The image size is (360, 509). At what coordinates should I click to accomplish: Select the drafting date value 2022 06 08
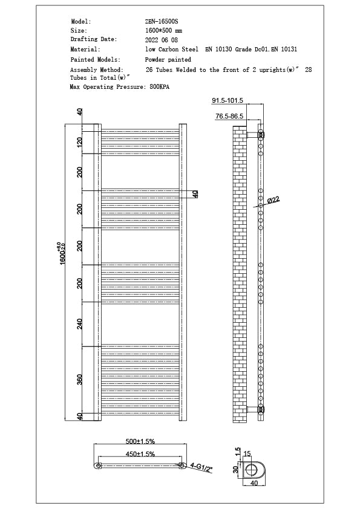coord(162,39)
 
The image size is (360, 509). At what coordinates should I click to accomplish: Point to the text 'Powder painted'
coord(168,60)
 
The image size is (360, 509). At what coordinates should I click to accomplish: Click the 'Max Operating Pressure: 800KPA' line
coord(120,87)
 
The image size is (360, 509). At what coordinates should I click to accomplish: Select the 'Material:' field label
coord(85,49)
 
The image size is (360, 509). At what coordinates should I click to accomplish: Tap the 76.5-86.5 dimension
coord(229,115)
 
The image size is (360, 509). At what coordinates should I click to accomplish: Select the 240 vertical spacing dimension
coord(79,324)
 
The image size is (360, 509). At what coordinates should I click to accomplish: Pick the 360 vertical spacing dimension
coord(79,380)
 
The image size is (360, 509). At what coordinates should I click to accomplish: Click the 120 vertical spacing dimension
coord(79,142)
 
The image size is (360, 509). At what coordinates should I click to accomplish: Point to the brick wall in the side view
coord(240,272)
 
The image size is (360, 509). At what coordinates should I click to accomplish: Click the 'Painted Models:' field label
coord(96,60)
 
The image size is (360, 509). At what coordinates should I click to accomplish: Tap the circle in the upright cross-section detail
coord(250,469)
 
